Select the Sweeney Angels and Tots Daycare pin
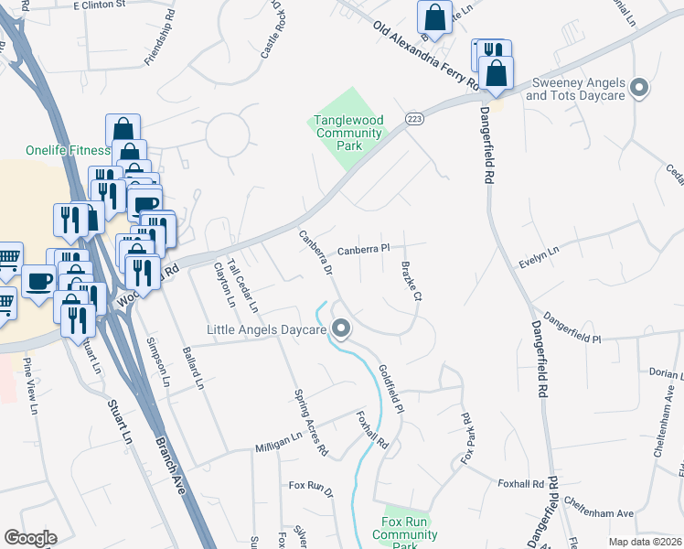click(x=639, y=89)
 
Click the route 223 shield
click(x=415, y=120)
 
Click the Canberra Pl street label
click(x=363, y=249)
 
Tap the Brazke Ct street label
click(x=411, y=282)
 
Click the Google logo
click(x=30, y=538)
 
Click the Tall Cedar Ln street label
click(x=242, y=285)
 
